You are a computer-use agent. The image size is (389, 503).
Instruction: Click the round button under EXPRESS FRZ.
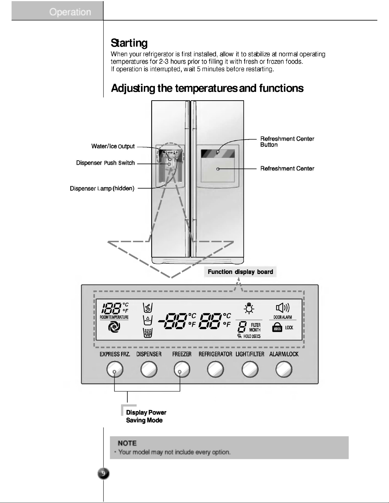tap(115, 369)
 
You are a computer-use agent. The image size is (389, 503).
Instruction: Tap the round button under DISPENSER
tap(149, 369)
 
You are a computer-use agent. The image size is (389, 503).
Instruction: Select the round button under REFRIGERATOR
tap(216, 369)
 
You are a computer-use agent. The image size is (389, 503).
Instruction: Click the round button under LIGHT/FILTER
tap(250, 369)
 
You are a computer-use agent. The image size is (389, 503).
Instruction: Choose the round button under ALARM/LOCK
tap(284, 369)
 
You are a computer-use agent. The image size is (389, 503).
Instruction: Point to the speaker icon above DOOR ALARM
tap(283, 308)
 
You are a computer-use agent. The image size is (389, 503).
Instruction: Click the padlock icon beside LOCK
tap(277, 327)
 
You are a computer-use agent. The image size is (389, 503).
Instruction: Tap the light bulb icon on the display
tap(249, 308)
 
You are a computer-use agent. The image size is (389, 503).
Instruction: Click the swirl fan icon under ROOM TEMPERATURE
tap(114, 327)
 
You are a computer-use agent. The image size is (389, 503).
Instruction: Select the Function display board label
tap(240, 272)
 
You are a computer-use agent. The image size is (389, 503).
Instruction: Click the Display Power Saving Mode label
tap(146, 416)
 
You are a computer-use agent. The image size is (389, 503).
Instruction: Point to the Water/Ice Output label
tap(113, 146)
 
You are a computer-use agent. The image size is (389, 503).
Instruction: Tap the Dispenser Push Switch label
tap(105, 163)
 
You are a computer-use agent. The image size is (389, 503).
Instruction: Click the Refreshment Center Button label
tap(287, 142)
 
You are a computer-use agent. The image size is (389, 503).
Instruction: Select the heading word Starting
tap(129, 43)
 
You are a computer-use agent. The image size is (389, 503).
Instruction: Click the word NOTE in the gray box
tap(127, 443)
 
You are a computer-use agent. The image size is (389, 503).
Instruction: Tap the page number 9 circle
tap(103, 474)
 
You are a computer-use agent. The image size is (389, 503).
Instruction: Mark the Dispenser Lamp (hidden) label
tap(102, 189)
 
